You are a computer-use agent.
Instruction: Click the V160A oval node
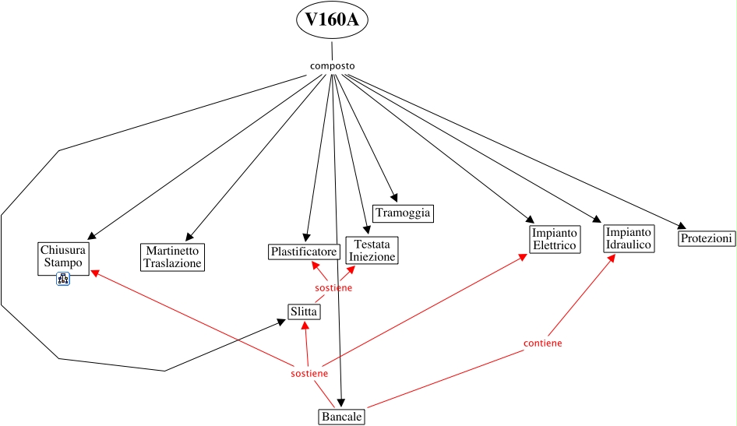click(332, 21)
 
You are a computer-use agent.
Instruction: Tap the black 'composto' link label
click(332, 65)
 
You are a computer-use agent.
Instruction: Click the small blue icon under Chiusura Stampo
click(63, 279)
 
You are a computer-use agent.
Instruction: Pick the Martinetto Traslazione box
click(172, 257)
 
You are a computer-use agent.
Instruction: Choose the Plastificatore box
click(303, 252)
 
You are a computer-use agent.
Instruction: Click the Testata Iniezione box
click(372, 250)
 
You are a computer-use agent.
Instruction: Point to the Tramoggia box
click(402, 213)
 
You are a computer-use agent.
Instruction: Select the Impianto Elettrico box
click(554, 239)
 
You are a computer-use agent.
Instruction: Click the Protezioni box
click(706, 238)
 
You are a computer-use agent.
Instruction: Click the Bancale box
click(341, 417)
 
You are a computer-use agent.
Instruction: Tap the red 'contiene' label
click(543, 343)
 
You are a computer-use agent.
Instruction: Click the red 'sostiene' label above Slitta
click(333, 288)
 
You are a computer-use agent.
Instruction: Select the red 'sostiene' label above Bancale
click(309, 374)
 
